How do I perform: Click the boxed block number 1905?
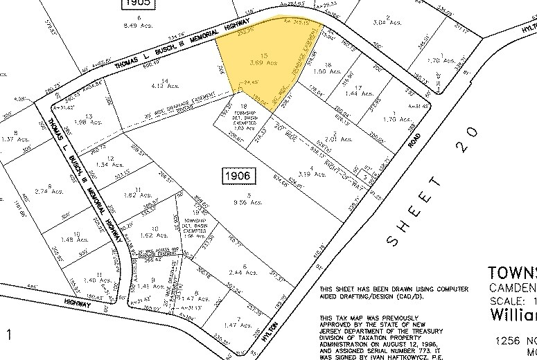click(x=137, y=5)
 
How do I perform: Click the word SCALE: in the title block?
click(x=510, y=302)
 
